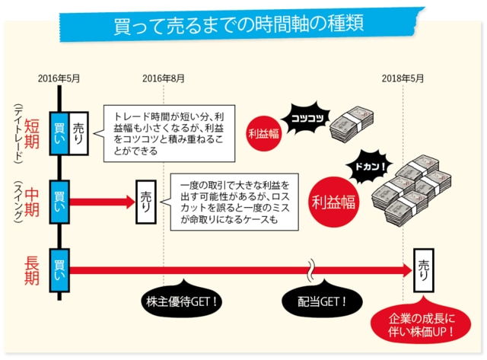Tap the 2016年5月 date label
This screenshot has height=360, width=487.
(x=59, y=78)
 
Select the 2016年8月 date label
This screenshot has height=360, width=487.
(x=164, y=78)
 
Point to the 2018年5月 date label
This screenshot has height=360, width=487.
(x=403, y=78)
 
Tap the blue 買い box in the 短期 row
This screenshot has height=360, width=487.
(x=59, y=132)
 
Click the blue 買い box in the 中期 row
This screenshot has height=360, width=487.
(x=59, y=201)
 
